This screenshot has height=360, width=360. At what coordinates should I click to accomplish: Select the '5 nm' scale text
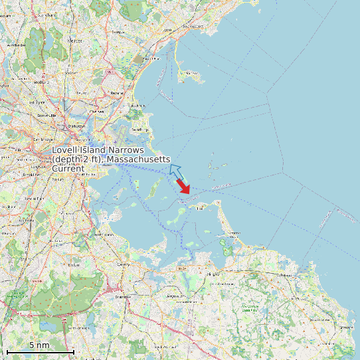39,345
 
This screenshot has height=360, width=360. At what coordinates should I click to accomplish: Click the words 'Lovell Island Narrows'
98,151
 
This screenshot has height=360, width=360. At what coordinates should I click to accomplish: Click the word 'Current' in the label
68,169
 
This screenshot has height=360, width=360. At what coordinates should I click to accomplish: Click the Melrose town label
74,41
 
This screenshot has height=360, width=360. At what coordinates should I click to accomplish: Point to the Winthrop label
137,130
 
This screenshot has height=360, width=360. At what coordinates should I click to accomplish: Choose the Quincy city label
122,264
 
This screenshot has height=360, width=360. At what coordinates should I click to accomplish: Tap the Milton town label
74,264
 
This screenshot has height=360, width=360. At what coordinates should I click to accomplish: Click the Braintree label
122,297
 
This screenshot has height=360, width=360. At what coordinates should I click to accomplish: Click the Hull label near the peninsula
199,207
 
